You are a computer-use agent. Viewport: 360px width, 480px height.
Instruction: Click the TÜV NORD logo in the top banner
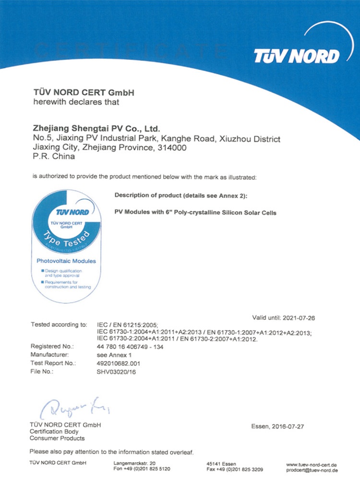point(296,56)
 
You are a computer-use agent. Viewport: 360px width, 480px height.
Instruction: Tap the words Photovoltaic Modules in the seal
point(66,261)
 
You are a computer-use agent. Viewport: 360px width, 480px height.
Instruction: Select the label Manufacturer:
point(50,354)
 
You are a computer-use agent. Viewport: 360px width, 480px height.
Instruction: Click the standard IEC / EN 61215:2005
point(127,325)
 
